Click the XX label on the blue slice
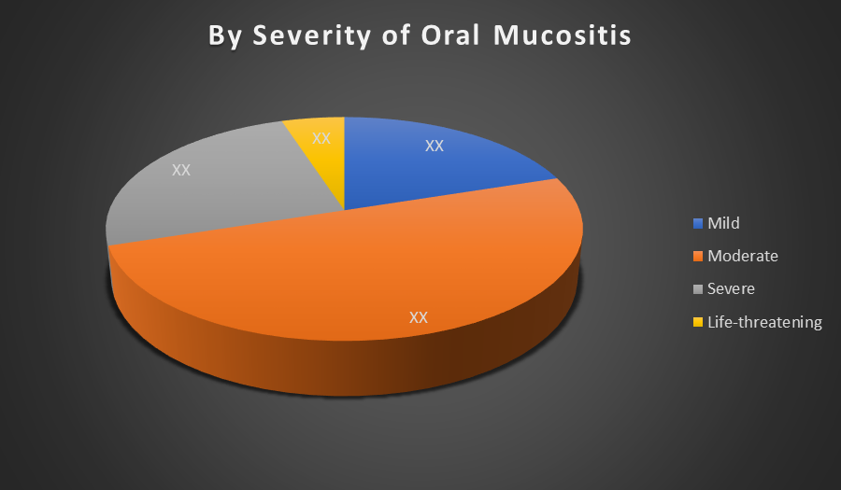(435, 146)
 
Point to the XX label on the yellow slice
(321, 138)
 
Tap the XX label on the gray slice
(181, 170)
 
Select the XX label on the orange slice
(419, 317)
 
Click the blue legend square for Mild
(698, 223)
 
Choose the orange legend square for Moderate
(698, 256)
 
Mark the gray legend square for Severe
(698, 289)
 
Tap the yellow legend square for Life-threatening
(698, 322)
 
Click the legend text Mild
(723, 223)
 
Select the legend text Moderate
(743, 256)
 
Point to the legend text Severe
(731, 288)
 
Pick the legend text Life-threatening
(764, 322)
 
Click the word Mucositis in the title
(563, 35)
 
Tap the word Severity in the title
(311, 36)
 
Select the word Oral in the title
(450, 35)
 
